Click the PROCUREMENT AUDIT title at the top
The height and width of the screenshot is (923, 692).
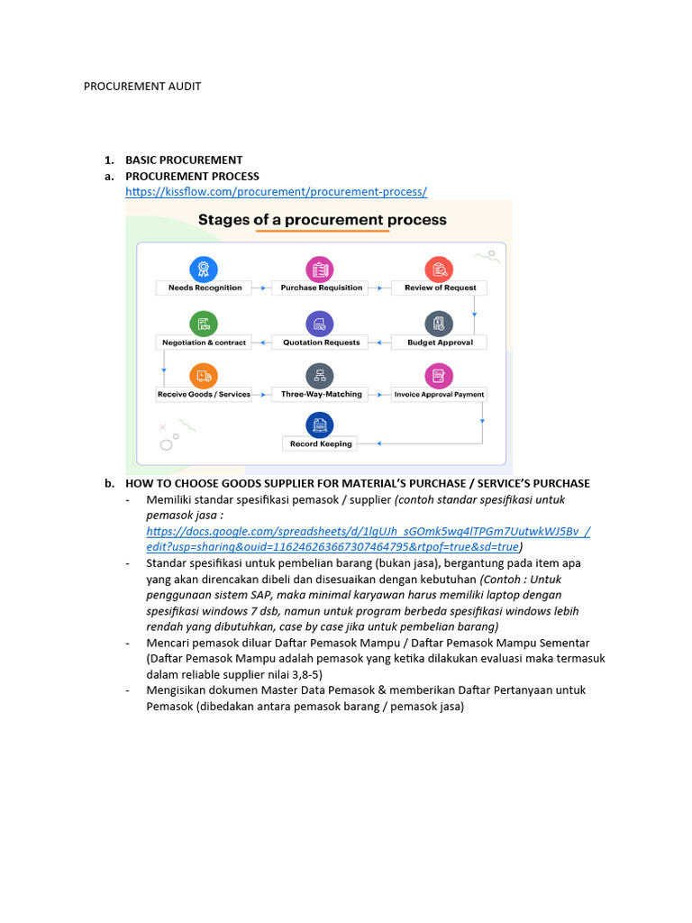[142, 87]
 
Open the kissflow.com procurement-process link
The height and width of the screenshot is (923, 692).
[276, 191]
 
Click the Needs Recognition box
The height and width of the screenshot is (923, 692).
[205, 288]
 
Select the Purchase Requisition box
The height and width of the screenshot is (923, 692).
[321, 288]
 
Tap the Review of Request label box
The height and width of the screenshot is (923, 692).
[440, 288]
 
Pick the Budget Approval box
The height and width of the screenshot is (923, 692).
[440, 343]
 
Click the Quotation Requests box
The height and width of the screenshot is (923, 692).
[321, 343]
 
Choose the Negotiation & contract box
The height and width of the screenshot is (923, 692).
[204, 343]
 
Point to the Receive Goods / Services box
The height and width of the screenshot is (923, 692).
[204, 394]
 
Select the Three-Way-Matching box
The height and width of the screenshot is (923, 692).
[321, 394]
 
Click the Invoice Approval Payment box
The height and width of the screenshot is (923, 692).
[439, 394]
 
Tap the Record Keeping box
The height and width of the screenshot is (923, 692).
[320, 443]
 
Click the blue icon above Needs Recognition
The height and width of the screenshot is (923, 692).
[204, 268]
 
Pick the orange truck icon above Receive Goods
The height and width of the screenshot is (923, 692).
[204, 376]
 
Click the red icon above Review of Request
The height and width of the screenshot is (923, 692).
[440, 268]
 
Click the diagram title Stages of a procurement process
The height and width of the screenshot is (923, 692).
[322, 220]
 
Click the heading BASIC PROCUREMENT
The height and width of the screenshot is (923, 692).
[184, 160]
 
